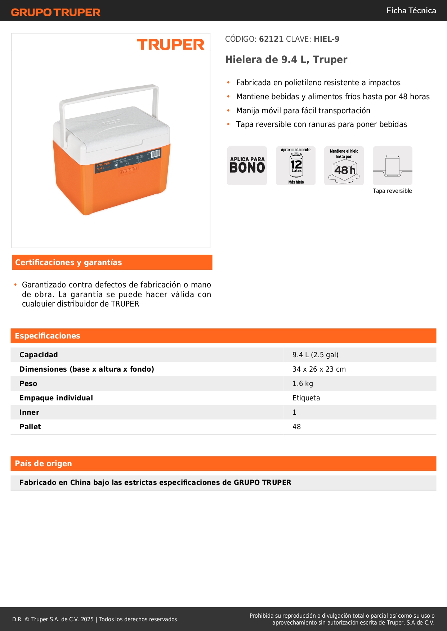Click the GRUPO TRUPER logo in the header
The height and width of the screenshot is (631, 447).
click(55, 12)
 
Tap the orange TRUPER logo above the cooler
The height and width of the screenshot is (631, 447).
click(170, 45)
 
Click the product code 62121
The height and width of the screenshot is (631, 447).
click(271, 39)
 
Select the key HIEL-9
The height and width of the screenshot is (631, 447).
click(326, 39)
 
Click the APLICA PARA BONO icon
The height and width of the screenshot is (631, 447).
click(247, 165)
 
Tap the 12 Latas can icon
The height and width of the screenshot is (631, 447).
click(296, 165)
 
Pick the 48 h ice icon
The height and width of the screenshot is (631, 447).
click(344, 166)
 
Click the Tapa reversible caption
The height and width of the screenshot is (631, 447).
click(392, 191)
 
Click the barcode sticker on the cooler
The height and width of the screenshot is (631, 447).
click(155, 154)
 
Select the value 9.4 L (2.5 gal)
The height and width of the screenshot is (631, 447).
click(315, 355)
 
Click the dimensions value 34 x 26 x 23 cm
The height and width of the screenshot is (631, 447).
click(319, 369)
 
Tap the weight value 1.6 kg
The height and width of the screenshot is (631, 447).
click(303, 383)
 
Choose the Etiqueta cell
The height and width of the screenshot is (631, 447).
click(306, 398)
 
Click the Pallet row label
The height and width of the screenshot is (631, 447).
click(30, 427)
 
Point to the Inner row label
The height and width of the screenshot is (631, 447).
click(29, 412)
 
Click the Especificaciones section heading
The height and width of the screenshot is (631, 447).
click(48, 336)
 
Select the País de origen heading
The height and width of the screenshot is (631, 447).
click(43, 463)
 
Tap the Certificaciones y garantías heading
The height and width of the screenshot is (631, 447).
click(68, 262)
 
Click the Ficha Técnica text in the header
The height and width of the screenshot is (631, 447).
click(411, 10)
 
